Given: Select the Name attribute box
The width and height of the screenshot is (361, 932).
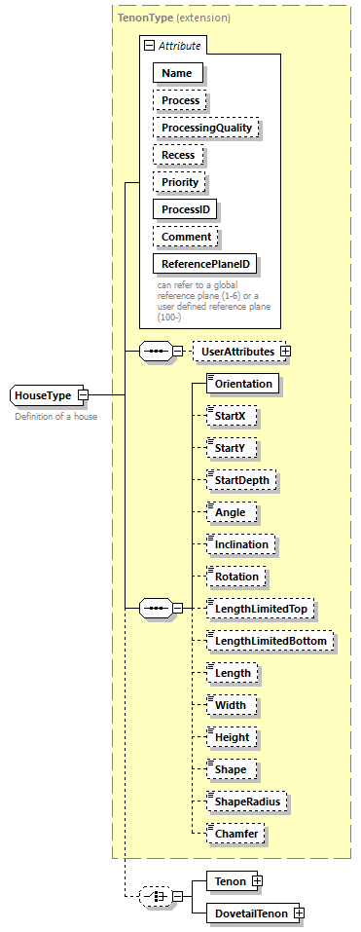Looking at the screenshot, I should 177,73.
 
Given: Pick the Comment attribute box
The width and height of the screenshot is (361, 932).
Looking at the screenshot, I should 185,237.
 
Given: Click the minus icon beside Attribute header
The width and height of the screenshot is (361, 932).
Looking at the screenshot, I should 149,46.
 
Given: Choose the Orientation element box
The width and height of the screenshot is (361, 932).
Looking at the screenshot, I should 242,384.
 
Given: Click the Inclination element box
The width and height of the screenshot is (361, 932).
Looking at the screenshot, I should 242,544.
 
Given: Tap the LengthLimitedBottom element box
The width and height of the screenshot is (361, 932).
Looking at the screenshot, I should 271,641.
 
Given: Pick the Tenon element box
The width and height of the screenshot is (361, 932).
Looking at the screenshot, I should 229,880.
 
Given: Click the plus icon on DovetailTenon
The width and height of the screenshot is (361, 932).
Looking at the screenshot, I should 299,913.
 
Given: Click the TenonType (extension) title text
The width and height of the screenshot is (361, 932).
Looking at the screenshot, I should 173,18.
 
